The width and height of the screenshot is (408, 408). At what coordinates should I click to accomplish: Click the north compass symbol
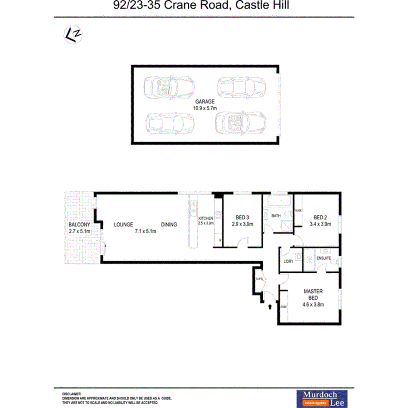point(74,34)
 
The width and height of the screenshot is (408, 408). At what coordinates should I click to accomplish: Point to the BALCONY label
point(79,225)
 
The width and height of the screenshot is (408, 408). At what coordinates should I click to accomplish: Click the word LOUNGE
point(123,225)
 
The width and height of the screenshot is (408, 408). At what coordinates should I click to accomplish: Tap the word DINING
point(169,225)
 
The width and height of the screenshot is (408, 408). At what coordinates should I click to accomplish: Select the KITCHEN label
point(206,218)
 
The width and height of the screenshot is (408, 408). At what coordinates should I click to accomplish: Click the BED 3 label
point(243,218)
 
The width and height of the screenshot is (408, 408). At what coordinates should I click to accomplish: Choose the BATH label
point(276,216)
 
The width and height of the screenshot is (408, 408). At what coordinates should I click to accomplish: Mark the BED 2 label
point(320,218)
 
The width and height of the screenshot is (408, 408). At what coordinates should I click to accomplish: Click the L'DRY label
point(288,261)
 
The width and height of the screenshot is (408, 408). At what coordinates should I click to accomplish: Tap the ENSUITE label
point(324,258)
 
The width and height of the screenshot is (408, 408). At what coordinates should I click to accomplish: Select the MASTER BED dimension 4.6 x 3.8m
point(313,305)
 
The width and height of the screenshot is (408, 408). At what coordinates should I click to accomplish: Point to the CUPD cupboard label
point(259,278)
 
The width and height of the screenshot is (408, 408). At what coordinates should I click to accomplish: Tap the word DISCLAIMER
point(71,394)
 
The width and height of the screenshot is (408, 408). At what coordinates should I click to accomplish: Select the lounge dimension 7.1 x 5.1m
point(146,231)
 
